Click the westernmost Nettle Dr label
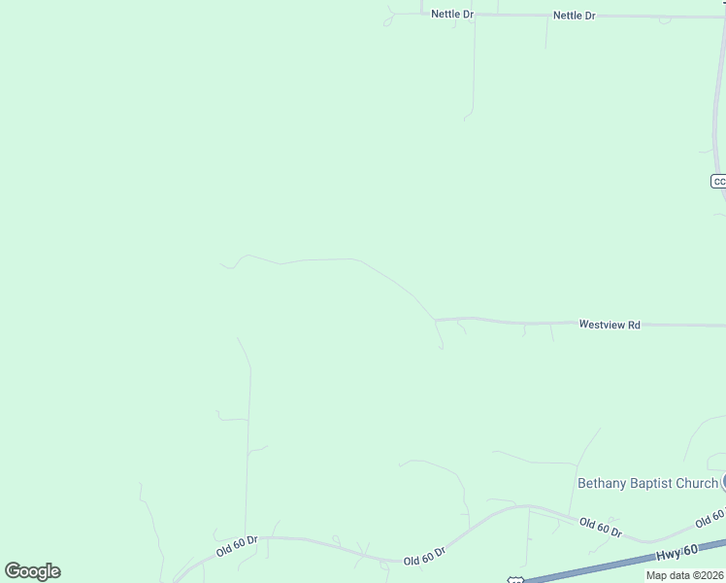click(452, 15)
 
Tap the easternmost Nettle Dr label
click(574, 16)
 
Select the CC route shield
click(718, 182)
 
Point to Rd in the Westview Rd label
click(634, 325)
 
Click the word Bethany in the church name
click(601, 483)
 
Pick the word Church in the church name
click(698, 483)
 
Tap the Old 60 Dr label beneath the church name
click(601, 528)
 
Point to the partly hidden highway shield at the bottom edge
click(514, 579)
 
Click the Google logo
click(32, 571)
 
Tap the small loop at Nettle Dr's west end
click(388, 20)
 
